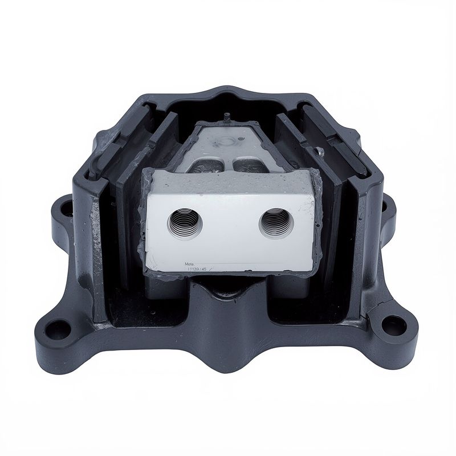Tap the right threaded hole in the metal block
coord(276,221)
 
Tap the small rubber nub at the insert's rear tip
coord(227,117)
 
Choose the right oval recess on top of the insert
coord(249,165)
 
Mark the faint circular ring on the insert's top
coord(226,141)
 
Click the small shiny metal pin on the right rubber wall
coord(320,151)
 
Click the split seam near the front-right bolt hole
coord(373,308)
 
